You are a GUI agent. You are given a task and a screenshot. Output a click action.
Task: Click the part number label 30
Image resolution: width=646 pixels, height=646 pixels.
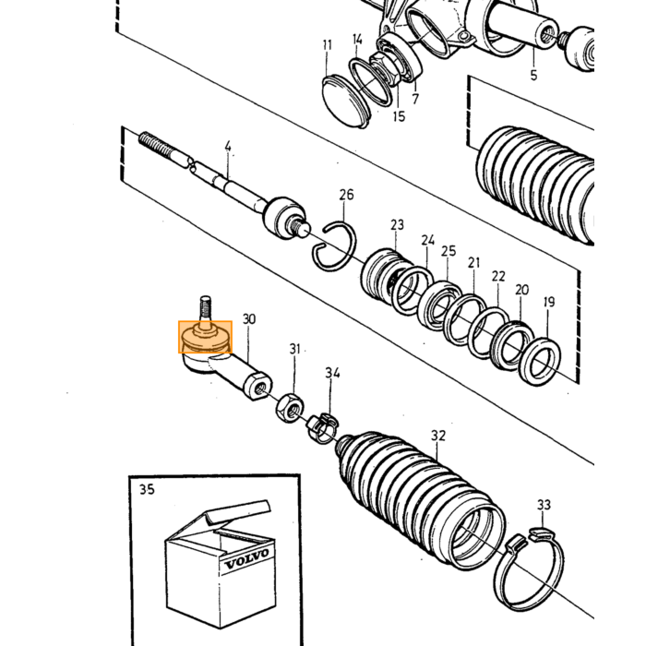tap(249, 319)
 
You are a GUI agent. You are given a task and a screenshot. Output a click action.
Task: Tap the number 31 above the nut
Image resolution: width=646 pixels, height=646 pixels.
tap(294, 349)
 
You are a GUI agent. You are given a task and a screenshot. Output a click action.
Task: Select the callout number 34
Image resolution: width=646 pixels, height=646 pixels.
tap(332, 373)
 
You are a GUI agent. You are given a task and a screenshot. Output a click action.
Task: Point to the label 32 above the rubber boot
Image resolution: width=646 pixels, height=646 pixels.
tap(438, 436)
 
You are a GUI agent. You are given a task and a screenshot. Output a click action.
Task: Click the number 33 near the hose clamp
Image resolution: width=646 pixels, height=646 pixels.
tap(544, 505)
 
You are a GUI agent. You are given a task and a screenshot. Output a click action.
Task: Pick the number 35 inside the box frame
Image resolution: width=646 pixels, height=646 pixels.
tap(147, 489)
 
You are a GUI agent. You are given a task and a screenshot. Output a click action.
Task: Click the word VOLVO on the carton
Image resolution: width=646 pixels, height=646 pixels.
tap(246, 558)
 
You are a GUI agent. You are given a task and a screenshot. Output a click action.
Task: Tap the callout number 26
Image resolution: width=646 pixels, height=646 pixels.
tap(346, 195)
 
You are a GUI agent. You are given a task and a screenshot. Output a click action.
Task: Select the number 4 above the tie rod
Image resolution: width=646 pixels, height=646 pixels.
tap(228, 146)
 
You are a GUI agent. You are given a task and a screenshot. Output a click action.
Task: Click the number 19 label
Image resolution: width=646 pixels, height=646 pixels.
tap(549, 302)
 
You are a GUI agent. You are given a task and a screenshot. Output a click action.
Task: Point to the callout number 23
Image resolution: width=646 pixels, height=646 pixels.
tap(397, 225)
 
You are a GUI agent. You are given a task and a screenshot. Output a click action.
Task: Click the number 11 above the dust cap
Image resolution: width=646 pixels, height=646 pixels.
tap(327, 45)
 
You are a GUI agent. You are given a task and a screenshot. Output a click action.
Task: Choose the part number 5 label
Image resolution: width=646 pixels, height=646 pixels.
tap(534, 76)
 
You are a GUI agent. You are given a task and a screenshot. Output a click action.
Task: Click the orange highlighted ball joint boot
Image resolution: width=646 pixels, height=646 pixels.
tap(205, 337)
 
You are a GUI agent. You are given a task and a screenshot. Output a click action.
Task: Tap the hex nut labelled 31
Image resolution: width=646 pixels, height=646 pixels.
tap(289, 407)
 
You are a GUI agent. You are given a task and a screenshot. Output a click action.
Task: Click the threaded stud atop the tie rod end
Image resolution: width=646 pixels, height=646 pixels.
tap(206, 307)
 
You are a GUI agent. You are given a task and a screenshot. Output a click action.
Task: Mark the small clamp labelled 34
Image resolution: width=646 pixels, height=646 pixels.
tap(323, 427)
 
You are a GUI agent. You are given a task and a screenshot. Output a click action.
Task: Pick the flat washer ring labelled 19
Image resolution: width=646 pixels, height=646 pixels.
tap(540, 362)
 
